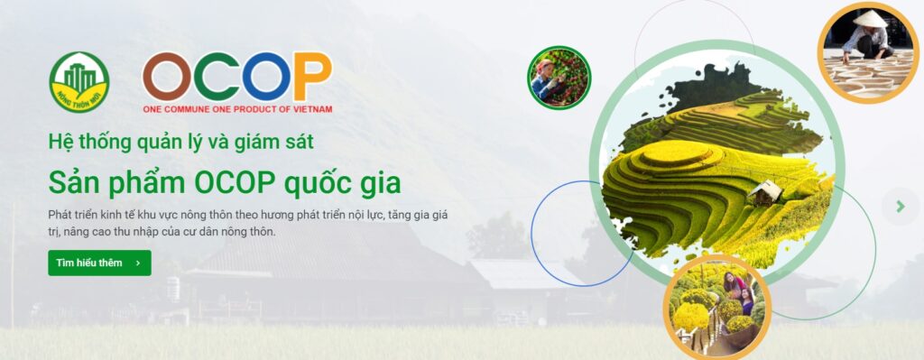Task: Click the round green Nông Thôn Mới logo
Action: coord(79,82)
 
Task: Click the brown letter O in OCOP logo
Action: coord(167,77)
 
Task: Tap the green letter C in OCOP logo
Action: coord(216,77)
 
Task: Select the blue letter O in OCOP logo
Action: coord(266,77)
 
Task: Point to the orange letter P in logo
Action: coord(312,76)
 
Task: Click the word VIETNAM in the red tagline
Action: coord(315,109)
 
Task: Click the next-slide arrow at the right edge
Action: coord(901,207)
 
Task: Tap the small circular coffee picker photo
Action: coord(559,78)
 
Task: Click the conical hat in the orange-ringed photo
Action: coord(870,19)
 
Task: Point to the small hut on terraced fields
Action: coord(765,192)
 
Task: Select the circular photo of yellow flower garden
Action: coord(716,307)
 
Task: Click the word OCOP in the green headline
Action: coord(236,184)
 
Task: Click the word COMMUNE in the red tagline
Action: coord(188,109)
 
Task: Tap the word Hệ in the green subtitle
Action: coord(58,142)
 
